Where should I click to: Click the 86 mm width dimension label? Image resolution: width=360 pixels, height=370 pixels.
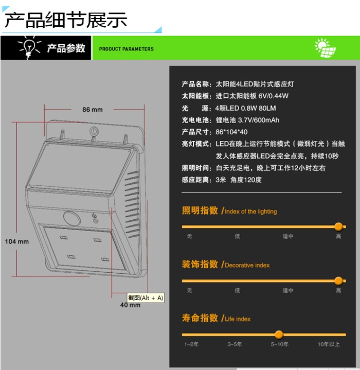coord(93,110)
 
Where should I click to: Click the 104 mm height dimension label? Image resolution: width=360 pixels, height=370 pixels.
coord(17,241)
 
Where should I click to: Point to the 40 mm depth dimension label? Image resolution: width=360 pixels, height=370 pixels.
coord(130,305)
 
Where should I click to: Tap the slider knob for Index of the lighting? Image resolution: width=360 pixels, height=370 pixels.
coord(338,226)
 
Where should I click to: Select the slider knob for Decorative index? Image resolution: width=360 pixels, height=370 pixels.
coord(338,281)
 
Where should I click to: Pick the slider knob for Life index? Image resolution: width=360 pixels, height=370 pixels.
coord(279,334)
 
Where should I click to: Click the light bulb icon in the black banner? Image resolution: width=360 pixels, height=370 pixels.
coord(29,47)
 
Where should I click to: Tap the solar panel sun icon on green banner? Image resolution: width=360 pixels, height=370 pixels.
coord(325,48)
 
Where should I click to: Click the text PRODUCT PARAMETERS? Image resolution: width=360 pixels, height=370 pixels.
coord(126,49)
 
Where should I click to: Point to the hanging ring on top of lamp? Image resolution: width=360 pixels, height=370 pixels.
coord(94,131)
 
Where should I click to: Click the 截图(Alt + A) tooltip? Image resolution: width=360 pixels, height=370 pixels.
coord(146,298)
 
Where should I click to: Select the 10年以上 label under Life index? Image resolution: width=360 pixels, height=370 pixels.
coord(329,344)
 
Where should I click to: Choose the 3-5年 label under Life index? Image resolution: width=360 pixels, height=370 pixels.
coord(235,344)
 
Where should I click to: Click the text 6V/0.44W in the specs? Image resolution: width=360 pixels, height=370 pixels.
coord(273,96)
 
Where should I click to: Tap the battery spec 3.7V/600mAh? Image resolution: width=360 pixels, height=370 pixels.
coord(259,120)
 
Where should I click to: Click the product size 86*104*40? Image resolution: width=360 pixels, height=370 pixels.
coord(231,132)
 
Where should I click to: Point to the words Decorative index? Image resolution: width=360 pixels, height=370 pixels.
coord(247,265)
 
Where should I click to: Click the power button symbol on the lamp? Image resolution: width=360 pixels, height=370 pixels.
coord(94,216)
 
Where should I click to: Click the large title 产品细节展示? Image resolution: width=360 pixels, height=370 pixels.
coord(66,20)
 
